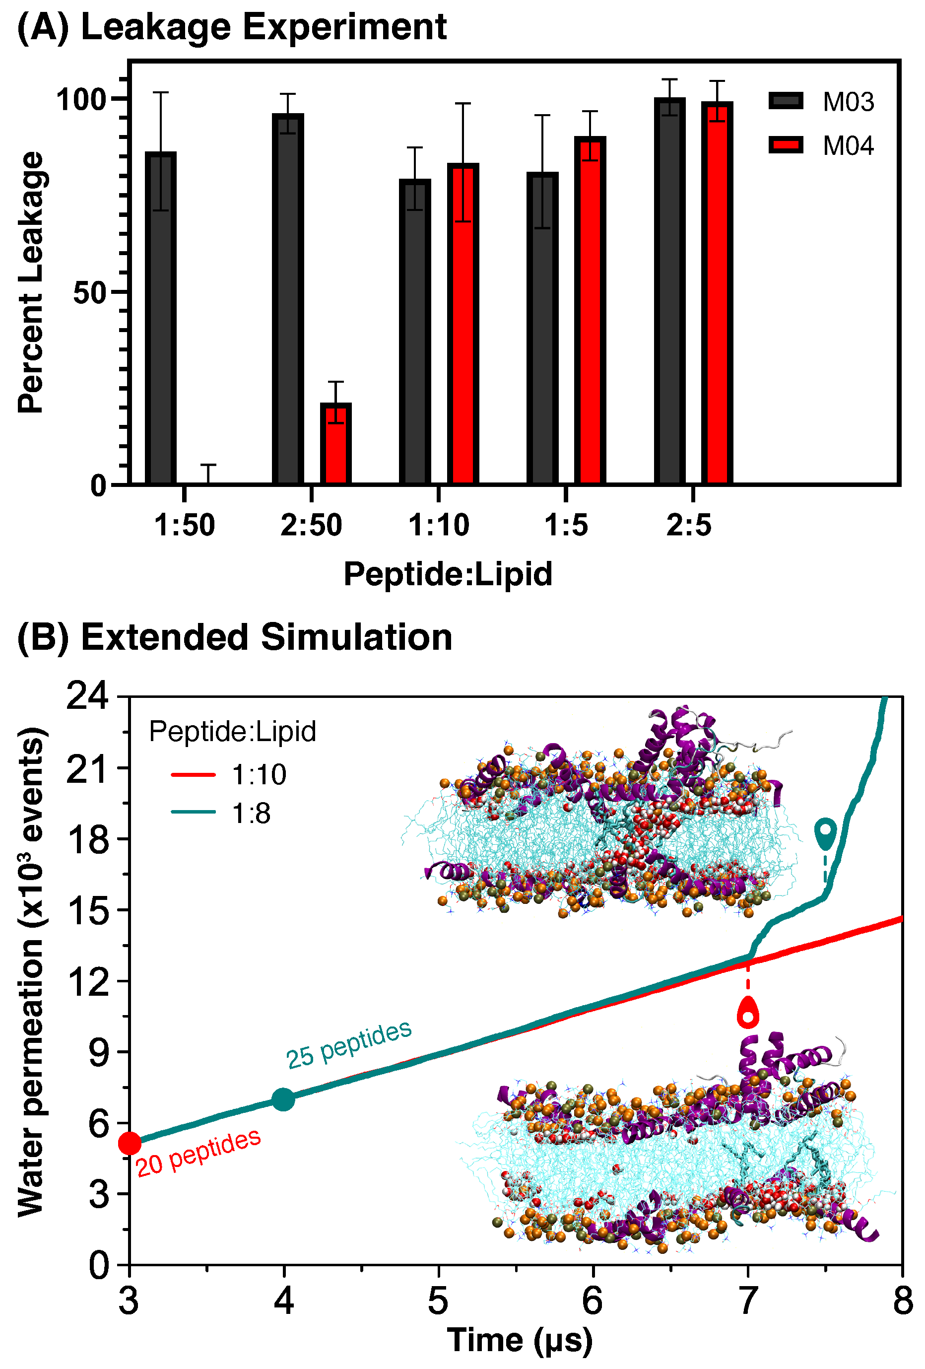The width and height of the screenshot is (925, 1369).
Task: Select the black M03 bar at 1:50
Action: coord(161,318)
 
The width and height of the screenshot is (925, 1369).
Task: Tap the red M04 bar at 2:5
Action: coord(717,293)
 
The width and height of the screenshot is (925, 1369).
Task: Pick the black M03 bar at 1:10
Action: coord(415,331)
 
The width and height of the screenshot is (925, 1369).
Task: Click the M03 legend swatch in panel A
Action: coord(786,101)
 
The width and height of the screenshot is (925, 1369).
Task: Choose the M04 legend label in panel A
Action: coord(848,145)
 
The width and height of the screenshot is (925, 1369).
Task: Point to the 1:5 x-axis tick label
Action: coord(565,525)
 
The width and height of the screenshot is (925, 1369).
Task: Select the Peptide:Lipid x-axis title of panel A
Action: coord(448,574)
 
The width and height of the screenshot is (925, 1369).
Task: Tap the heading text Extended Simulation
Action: coord(266,637)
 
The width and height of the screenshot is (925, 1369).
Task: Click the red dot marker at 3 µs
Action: coord(130,1143)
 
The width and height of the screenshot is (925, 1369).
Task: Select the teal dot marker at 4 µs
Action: coord(283,1099)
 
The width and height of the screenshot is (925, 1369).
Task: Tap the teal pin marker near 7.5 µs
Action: coord(825,833)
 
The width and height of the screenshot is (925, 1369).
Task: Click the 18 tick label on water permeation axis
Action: coord(88,839)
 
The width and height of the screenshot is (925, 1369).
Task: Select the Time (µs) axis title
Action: coord(519,1340)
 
